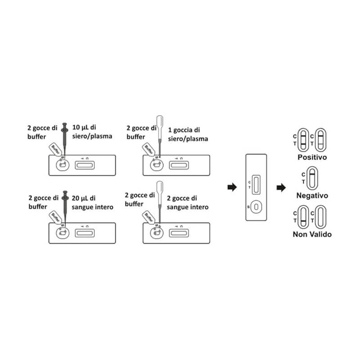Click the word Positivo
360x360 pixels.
[312, 157]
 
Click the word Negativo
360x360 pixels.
[312, 195]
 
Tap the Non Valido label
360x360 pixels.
[312, 234]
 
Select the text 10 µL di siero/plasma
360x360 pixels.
[92, 132]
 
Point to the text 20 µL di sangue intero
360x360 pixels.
[93, 203]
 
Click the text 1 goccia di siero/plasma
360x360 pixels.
[188, 135]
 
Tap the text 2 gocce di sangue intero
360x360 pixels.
[188, 203]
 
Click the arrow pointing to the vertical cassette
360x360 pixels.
[232, 187]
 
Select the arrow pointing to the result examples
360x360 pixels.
[281, 188]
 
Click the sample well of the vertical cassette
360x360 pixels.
[256, 207]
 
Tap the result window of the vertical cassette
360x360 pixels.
[256, 185]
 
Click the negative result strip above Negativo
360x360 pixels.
[312, 178]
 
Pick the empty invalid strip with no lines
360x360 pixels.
[321, 217]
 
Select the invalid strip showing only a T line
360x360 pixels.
[303, 217]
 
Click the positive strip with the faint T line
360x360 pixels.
[321, 140]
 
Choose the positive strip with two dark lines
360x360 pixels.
[303, 140]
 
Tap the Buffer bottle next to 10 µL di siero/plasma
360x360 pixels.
[55, 150]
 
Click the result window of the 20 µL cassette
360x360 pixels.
[85, 233]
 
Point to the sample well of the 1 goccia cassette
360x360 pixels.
[157, 165]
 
